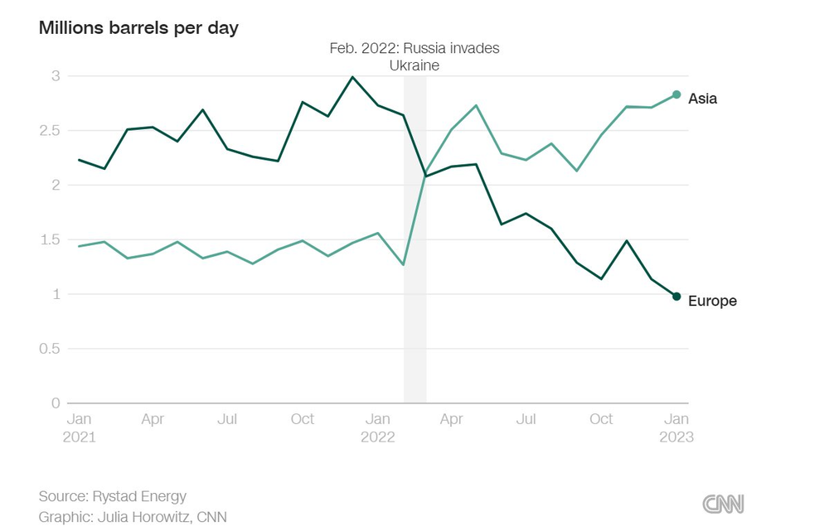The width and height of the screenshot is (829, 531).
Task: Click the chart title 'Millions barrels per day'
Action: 138,27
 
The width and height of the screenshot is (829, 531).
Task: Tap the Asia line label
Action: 702,99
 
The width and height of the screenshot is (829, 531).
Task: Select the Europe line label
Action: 712,301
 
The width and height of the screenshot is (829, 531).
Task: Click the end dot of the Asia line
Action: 676,94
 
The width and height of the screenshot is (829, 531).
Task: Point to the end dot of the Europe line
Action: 676,297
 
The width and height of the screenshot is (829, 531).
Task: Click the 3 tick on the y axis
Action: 56,76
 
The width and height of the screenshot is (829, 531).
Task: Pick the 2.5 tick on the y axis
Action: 51,131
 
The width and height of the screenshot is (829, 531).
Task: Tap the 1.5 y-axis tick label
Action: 51,240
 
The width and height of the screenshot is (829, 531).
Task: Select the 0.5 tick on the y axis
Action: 51,349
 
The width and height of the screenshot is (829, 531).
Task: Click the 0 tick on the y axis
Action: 56,403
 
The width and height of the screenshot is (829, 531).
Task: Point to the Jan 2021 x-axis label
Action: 79,427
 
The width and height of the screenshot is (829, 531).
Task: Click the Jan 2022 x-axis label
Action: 377,427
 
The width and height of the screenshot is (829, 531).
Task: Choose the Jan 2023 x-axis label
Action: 676,427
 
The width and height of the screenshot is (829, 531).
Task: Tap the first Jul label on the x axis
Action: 227,419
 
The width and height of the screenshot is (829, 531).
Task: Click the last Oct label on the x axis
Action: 601,419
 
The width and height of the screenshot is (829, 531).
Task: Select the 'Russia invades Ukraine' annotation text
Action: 414,56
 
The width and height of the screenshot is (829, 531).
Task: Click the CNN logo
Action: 723,504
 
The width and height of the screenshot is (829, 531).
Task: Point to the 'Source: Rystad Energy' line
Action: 113,496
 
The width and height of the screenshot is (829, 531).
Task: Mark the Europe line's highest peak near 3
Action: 352,77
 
